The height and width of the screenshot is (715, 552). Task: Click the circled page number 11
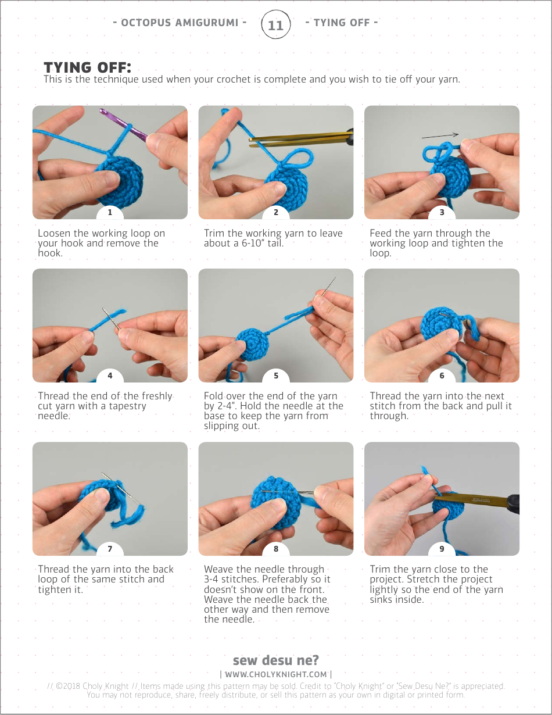click(x=275, y=24)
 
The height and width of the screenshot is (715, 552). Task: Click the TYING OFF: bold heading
click(x=88, y=67)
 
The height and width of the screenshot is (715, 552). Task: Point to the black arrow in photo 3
click(x=440, y=135)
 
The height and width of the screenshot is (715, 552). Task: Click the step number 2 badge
click(x=276, y=212)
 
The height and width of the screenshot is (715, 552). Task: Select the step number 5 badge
click(x=276, y=376)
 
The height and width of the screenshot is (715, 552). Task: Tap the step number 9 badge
click(x=442, y=549)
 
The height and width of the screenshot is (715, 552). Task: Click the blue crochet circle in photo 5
click(x=252, y=344)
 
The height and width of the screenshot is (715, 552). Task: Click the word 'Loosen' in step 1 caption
click(x=54, y=233)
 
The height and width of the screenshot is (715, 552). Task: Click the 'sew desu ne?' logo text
click(x=276, y=660)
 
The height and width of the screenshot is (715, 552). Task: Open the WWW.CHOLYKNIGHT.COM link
click(x=276, y=674)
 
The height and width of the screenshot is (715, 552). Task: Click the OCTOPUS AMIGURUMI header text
click(x=180, y=23)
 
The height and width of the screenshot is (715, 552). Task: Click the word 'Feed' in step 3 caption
click(x=381, y=233)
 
